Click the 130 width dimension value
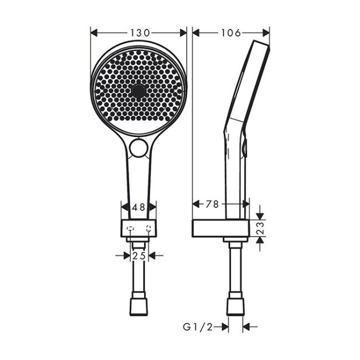pyautogui.click(x=138, y=33)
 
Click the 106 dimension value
pyautogui.click(x=230, y=33)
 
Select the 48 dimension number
pyautogui.click(x=138, y=207)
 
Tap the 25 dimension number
pyautogui.click(x=138, y=255)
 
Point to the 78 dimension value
pyautogui.click(x=212, y=204)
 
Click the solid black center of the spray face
pyautogui.click(x=138, y=91)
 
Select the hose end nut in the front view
pyautogui.click(x=138, y=306)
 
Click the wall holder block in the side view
pyautogui.click(x=220, y=228)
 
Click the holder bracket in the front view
pyautogui.click(x=138, y=228)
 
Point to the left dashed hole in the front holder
pyautogui.click(x=130, y=228)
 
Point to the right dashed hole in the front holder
pyautogui.click(x=148, y=228)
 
